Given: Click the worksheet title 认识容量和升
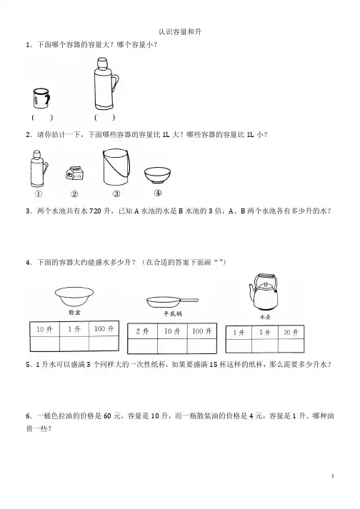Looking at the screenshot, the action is pos(180,32).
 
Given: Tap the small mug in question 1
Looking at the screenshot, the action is pos(41,99).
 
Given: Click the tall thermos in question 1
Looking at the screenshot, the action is pos(105,84).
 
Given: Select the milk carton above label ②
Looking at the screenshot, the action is pos(75,173).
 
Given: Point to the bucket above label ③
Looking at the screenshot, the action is pos(116,167).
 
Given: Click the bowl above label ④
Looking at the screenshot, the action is pos(157,176).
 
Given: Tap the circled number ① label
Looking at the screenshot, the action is pos(38,194).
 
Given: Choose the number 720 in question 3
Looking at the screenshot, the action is pos(95,211).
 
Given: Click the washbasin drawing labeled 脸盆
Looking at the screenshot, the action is pos(74,296).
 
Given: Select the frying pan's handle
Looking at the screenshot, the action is pos(189,301).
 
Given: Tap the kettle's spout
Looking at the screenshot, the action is pos(252,292).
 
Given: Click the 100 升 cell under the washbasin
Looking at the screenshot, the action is pos(104,329).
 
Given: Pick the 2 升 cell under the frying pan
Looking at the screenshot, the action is pos(142,331).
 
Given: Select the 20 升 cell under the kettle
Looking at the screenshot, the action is pos(291,333).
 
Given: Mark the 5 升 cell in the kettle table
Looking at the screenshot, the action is pos(265,333).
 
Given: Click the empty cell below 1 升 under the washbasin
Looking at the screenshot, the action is pos(74,344).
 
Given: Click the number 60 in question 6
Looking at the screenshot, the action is pos(108,415).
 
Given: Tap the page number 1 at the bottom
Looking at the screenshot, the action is pos(333,476).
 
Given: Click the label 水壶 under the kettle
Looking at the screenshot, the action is pos(265,317).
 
